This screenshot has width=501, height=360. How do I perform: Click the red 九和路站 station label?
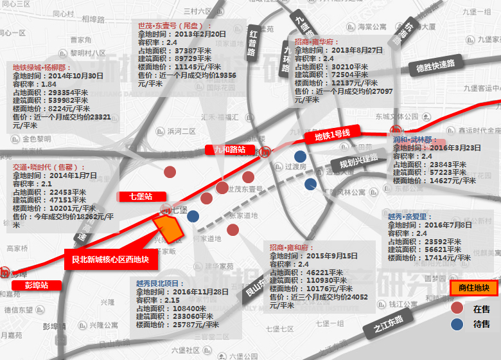click(229, 150)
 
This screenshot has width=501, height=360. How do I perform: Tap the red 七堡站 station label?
click(141, 197)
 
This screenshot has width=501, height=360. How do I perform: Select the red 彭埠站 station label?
click(37, 284)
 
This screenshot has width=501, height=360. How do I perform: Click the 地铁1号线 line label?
click(333, 136)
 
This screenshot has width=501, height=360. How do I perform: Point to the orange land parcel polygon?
click(170, 228)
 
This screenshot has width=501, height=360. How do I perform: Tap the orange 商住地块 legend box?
click(474, 288)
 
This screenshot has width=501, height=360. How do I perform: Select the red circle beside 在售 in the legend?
click(457, 309)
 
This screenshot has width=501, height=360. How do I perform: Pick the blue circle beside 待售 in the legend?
click(457, 324)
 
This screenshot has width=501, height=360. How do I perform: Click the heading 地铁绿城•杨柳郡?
click(40, 67)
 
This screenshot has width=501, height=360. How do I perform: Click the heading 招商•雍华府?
click(317, 41)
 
